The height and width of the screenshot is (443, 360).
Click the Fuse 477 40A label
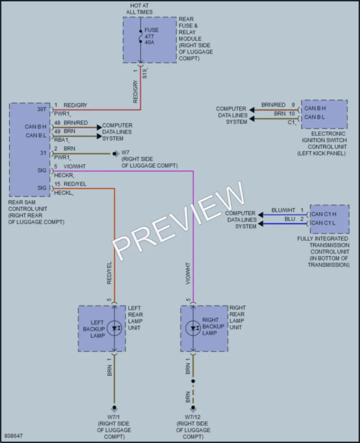[151, 36]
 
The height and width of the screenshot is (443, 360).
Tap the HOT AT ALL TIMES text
[139, 9]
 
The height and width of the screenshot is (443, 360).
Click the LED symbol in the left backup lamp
[115, 328]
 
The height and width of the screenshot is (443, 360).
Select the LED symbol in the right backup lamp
[193, 328]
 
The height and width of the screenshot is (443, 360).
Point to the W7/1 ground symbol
[114, 408]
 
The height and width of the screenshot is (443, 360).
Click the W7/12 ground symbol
[193, 408]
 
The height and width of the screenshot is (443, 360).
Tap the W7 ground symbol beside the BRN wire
[115, 153]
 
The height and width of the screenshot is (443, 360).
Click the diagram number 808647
[14, 436]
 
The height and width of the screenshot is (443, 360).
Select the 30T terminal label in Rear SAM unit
[42, 109]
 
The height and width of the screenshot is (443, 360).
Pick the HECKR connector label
[64, 175]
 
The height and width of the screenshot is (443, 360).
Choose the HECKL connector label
[63, 193]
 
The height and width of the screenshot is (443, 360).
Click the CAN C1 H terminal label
[324, 214]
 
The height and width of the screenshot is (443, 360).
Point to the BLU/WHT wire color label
[283, 210]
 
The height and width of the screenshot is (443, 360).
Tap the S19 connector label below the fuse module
[145, 73]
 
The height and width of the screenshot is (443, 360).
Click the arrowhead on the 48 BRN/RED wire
[99, 127]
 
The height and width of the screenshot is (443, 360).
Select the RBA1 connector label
[61, 140]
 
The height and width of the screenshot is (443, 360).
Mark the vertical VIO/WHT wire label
[188, 273]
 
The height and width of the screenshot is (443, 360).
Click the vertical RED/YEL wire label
[109, 272]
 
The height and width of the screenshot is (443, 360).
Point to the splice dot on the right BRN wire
[193, 381]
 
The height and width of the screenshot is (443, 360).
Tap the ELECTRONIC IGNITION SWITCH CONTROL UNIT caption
[322, 143]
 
